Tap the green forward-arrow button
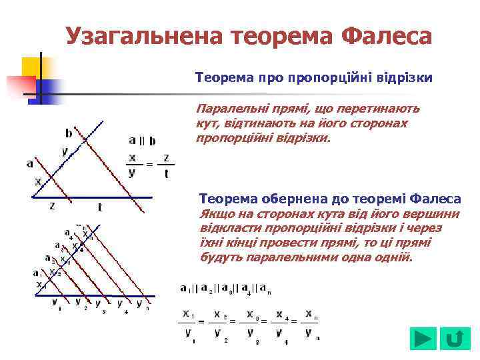[423, 339]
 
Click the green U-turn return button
[455, 339]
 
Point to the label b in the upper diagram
[69, 132]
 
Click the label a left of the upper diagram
[29, 163]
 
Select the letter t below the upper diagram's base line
[100, 207]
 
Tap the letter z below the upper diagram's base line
[52, 206]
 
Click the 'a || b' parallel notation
[142, 141]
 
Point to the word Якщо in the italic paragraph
[215, 214]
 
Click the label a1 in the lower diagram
[36, 273]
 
